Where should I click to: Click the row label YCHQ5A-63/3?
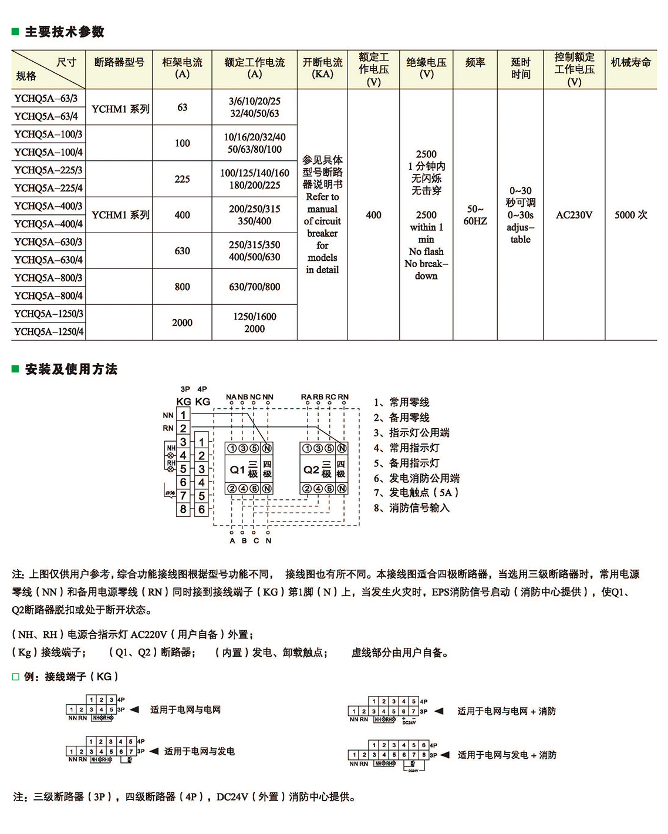pos(46,98)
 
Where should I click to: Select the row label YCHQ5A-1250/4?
pos(49,332)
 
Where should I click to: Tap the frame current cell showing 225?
pos(182,179)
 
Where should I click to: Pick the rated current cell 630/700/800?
pos(254,287)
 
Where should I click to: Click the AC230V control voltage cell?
pos(573,215)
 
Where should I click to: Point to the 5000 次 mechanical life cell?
pos(630,215)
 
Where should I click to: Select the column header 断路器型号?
pos(119,62)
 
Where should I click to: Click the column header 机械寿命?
pos(630,62)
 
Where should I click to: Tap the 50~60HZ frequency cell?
pos(475,215)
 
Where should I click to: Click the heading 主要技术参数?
pos(65,32)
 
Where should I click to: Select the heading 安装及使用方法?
pos(71,369)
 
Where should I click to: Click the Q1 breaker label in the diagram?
pos(237,469)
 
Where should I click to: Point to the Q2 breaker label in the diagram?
pos(311,469)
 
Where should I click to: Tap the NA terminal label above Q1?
pos(231,397)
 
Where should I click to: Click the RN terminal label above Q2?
pos(343,397)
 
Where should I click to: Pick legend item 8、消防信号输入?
pos(411,508)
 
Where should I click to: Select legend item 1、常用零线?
pos(402,402)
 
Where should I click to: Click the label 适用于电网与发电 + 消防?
pos(507,755)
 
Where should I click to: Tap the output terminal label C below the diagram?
pos(256,541)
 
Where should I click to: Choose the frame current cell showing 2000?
pos(182,322)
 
